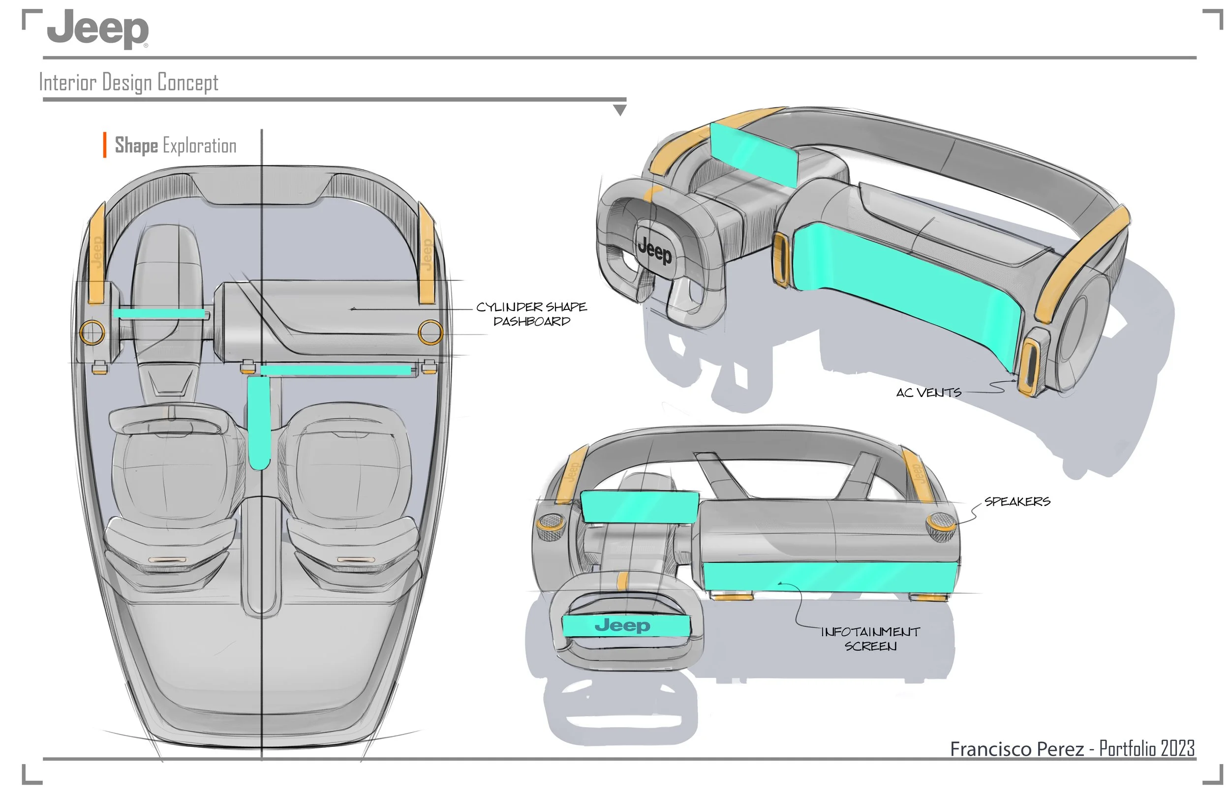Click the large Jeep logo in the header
click(x=98, y=30)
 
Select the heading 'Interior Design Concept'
click(x=129, y=83)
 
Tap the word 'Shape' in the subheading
click(x=136, y=146)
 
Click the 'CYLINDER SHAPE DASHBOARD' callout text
click(x=531, y=314)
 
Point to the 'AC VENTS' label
click(x=929, y=393)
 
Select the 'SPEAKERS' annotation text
click(x=1017, y=501)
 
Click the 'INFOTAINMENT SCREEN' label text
click(x=870, y=639)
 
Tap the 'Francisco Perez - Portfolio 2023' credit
click(x=1073, y=748)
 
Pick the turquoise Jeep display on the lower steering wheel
click(x=625, y=625)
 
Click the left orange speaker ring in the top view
click(x=92, y=333)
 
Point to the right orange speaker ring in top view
click(x=430, y=332)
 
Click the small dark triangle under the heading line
click(x=619, y=110)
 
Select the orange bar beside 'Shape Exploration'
click(x=105, y=145)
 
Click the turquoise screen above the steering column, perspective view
click(x=755, y=153)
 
